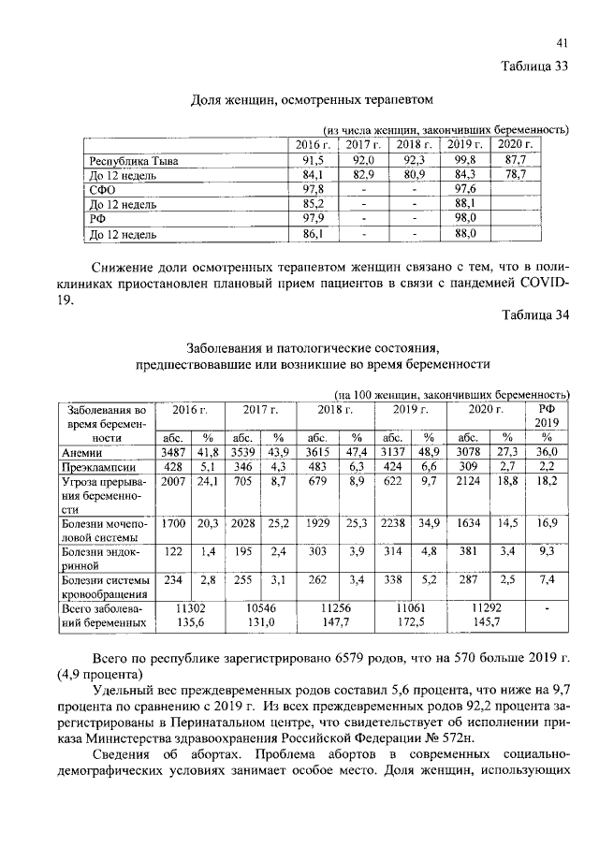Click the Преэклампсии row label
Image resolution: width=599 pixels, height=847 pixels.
(98, 466)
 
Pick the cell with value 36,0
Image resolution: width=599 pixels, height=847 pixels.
(547, 452)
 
